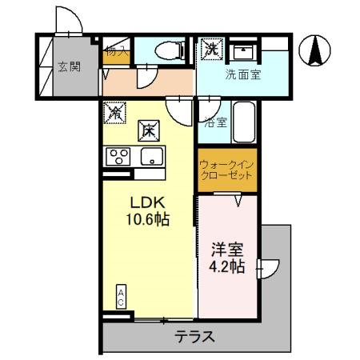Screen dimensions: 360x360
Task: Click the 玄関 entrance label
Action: click(x=69, y=67)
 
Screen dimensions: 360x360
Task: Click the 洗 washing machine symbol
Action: click(x=211, y=48)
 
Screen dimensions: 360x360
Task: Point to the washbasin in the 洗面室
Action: click(x=241, y=50)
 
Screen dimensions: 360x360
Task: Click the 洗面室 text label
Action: click(x=242, y=77)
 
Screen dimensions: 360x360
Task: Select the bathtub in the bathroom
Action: click(x=243, y=122)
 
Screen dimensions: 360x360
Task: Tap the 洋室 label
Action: click(x=227, y=250)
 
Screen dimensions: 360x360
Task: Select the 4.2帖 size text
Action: click(x=227, y=267)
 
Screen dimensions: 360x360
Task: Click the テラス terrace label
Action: click(x=195, y=337)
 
